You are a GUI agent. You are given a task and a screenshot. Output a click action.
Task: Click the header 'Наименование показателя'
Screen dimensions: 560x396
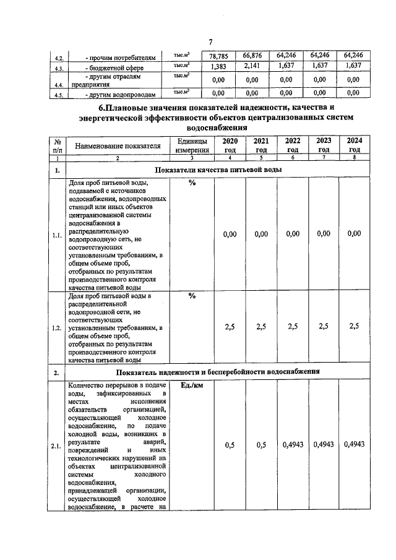pos(118,145)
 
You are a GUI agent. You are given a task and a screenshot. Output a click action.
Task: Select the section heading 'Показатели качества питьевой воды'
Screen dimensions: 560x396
pos(218,170)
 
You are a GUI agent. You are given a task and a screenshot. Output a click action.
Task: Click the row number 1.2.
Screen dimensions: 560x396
pos(57,327)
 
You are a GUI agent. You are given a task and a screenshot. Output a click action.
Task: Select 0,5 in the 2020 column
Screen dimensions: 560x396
pos(230,444)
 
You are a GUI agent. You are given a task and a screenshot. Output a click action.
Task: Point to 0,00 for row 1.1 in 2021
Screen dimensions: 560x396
pos(261,233)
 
